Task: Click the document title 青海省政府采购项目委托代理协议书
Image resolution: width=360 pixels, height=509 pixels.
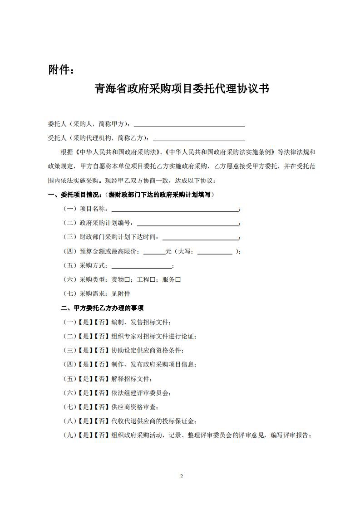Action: [x=182, y=88]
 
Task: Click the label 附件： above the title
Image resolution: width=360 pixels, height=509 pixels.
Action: [x=60, y=70]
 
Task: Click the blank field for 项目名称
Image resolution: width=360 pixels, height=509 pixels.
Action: [x=175, y=210]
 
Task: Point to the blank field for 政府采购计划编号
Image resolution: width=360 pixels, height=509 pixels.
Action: [x=187, y=224]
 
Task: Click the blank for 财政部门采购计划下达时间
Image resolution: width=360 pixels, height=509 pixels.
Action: [x=200, y=238]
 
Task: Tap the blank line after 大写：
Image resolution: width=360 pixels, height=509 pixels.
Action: [x=215, y=252]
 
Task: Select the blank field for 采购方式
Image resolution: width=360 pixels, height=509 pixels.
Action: [x=142, y=266]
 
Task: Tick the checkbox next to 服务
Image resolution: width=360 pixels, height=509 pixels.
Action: [x=178, y=280]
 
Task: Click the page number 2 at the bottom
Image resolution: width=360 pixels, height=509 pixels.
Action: [x=181, y=476]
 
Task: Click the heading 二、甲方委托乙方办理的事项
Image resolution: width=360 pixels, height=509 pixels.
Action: [x=102, y=308]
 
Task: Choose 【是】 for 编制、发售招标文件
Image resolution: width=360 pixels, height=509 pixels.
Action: [x=85, y=322]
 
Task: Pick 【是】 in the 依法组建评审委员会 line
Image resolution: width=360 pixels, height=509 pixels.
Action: [x=85, y=393]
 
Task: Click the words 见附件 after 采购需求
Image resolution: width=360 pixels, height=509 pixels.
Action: [x=121, y=294]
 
